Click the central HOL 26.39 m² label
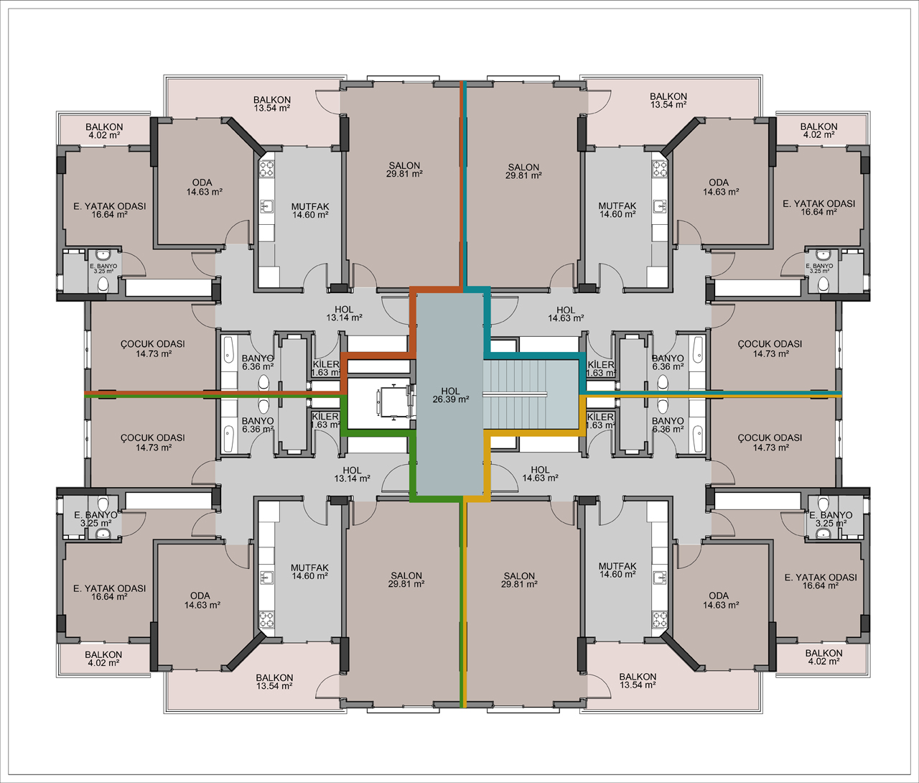pyautogui.click(x=451, y=396)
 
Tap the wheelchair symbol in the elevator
pyautogui.click(x=396, y=401)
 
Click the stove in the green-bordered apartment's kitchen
pyautogui.click(x=266, y=618)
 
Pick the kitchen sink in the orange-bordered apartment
pyautogui.click(x=266, y=206)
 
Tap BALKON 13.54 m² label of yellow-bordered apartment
pyautogui.click(x=638, y=681)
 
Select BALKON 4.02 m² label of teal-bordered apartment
pyautogui.click(x=818, y=130)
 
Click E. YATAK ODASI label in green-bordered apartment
pyautogui.click(x=109, y=588)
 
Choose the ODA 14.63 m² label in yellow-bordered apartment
pyautogui.click(x=720, y=600)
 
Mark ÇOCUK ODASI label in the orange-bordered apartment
pyautogui.click(x=152, y=344)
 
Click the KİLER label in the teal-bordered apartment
pyautogui.click(x=601, y=365)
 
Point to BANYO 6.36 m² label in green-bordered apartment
pyautogui.click(x=258, y=425)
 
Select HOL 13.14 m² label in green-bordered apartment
pyautogui.click(x=352, y=474)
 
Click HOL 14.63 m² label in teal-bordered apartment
pyautogui.click(x=566, y=314)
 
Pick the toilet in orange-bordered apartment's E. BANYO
pyautogui.click(x=103, y=284)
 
